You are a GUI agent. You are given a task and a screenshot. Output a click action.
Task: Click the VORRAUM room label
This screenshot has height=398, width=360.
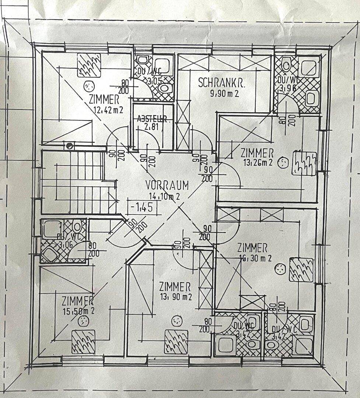[167, 185]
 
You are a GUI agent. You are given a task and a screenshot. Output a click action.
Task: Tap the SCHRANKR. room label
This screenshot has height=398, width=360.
[222, 83]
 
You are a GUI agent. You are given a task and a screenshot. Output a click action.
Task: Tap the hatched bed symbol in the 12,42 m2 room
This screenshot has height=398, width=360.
[89, 65]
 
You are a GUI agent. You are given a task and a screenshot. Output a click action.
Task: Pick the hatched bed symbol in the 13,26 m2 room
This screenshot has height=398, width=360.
[304, 163]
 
